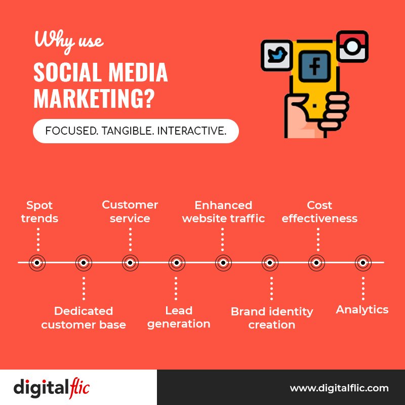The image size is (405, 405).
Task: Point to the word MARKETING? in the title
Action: coord(94,99)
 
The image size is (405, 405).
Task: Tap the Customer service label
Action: coord(130,212)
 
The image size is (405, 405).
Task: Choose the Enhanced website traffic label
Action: coord(223,212)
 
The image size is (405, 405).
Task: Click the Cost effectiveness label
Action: coord(319,212)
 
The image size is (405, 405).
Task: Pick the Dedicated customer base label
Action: coord(84,317)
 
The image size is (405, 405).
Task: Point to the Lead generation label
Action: coord(179,317)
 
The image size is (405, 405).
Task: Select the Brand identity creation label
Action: coord(272,318)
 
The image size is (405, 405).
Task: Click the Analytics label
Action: coord(362,309)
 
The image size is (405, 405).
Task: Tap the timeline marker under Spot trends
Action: coord(37,262)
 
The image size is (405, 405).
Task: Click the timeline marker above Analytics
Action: coord(362,262)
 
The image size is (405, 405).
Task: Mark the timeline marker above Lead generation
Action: coord(176,262)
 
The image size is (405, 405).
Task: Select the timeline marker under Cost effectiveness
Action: coord(316,262)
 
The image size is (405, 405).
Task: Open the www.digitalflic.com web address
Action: coord(339,388)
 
